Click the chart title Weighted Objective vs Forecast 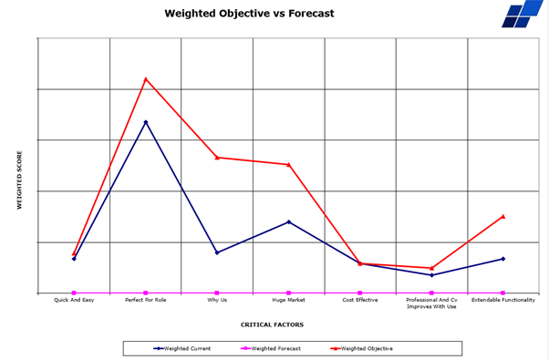[249, 14]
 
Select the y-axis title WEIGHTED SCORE [18, 181]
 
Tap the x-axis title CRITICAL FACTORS [272, 324]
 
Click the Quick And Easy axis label [74, 300]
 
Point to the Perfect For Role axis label [146, 300]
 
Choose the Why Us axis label [217, 300]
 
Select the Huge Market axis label [288, 300]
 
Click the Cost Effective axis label [360, 300]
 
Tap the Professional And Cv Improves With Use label [431, 303]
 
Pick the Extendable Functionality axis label [502, 300]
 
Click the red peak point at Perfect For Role [146, 79]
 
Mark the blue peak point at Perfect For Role [146, 122]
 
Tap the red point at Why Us [217, 158]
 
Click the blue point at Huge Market [288, 221]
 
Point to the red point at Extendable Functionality [502, 217]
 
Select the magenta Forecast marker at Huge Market [288, 293]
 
